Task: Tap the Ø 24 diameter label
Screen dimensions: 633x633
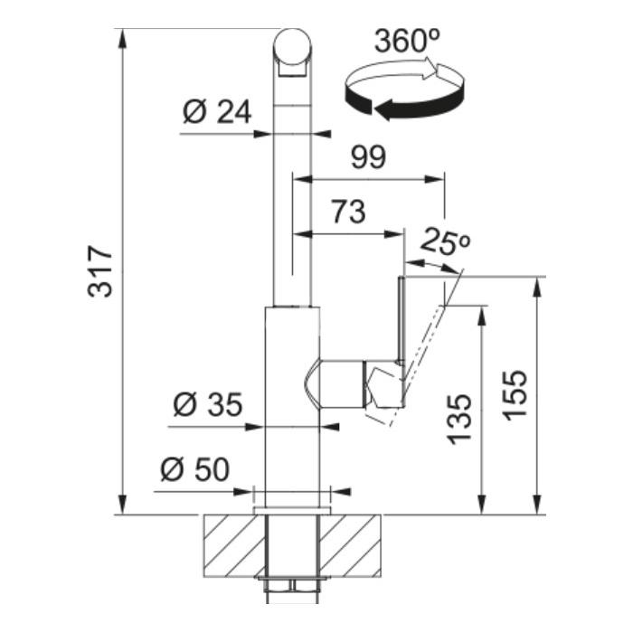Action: (217, 112)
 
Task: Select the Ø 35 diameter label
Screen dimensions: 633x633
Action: (208, 404)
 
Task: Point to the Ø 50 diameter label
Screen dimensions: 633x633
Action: (194, 469)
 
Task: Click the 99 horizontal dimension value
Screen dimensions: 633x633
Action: (368, 157)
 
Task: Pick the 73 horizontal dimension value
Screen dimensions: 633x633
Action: (349, 212)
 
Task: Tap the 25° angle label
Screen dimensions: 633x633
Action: (445, 241)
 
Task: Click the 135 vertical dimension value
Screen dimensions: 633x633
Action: (459, 420)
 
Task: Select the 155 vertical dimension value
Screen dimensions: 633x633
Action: (515, 395)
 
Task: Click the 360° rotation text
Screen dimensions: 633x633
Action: (407, 41)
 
